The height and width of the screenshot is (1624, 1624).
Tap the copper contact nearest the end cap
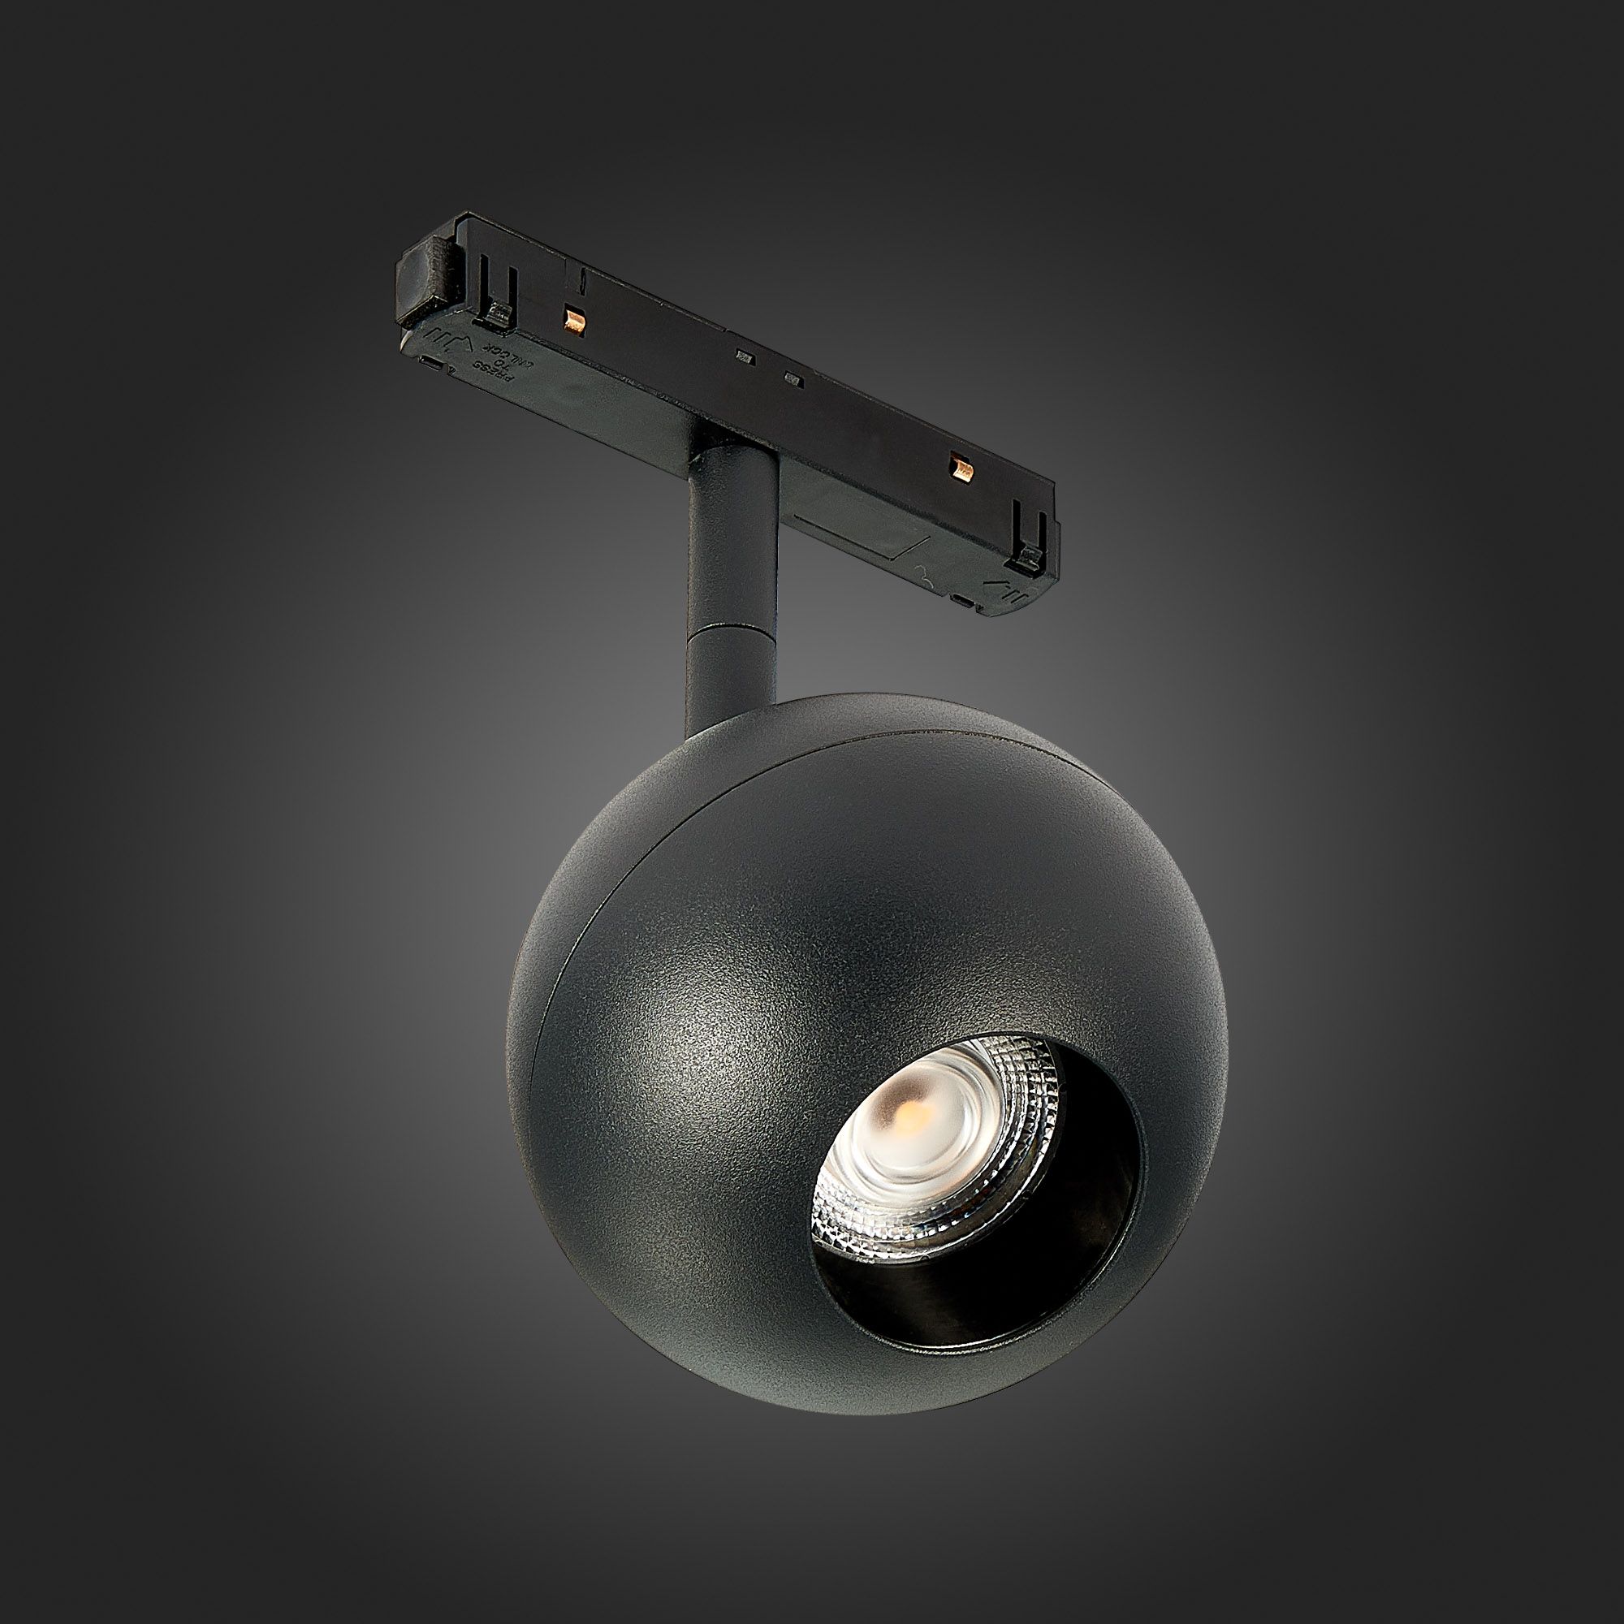point(575,318)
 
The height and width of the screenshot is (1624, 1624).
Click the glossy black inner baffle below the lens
point(966,1286)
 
